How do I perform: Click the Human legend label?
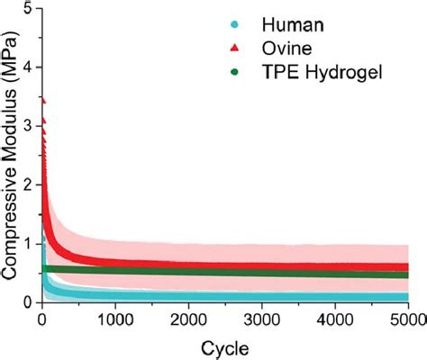click(293, 24)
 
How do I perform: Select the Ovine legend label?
click(286, 48)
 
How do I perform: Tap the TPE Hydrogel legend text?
click(323, 72)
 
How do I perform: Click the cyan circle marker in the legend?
click(234, 24)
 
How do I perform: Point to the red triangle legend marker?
click(234, 48)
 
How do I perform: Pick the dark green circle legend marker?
click(234, 72)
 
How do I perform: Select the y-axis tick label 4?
click(30, 67)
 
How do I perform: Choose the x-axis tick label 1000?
click(115, 319)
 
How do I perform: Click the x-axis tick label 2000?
click(188, 319)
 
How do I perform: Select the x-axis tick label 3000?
click(262, 319)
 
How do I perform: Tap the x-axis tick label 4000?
click(335, 319)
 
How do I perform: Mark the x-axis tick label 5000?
click(408, 319)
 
